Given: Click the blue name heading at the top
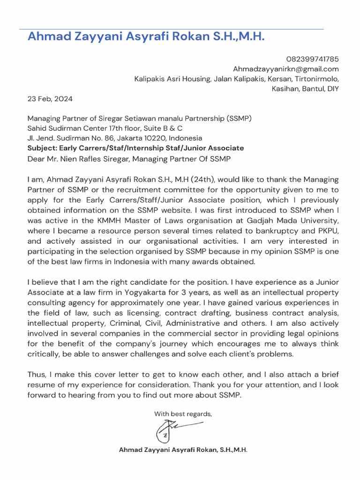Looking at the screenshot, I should pos(146,37).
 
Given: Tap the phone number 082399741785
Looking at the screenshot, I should pos(312,59).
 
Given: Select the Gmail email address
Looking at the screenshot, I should pos(286,69).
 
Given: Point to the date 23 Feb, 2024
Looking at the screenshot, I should pos(50,99).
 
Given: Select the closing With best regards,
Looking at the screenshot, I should pos(183,414).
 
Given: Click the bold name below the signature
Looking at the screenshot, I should pos(183,450).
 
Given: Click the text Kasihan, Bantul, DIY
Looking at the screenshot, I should pos(305,89).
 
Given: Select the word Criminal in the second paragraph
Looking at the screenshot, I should pos(124,323).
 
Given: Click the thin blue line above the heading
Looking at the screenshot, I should pos(172,29).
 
